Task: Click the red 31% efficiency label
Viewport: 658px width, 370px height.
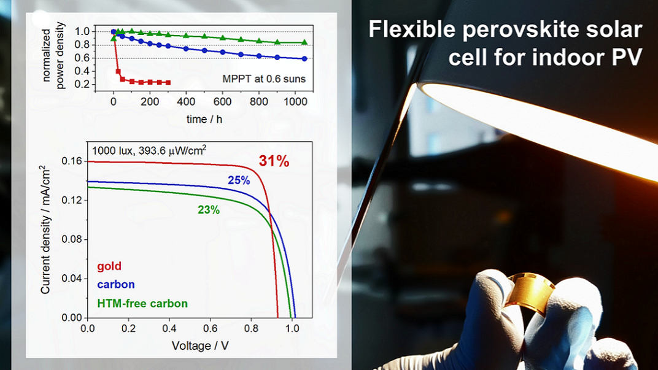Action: (x=274, y=161)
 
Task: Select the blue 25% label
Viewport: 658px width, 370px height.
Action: (x=239, y=180)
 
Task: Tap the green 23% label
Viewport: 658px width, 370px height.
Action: (x=209, y=210)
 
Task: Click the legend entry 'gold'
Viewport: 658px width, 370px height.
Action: (x=109, y=266)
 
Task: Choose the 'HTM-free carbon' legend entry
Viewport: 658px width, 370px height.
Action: (x=142, y=303)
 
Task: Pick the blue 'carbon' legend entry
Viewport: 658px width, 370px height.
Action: (x=116, y=285)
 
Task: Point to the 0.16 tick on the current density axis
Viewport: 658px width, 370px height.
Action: (x=72, y=161)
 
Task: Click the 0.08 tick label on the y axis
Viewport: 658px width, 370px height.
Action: (x=72, y=239)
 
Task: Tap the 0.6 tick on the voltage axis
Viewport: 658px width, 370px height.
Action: (x=211, y=328)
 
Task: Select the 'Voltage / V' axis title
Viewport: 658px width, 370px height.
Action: (x=200, y=345)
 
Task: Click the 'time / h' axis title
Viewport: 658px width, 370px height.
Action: (x=204, y=119)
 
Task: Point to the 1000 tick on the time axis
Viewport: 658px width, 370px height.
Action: (x=295, y=101)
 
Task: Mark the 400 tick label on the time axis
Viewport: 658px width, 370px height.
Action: (x=186, y=101)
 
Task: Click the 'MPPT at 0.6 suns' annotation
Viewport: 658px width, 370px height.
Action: (x=264, y=79)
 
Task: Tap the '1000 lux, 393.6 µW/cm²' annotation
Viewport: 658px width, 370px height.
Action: (x=149, y=150)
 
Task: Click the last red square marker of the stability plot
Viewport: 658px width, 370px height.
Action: (x=168, y=83)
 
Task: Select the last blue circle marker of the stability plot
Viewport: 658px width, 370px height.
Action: (x=304, y=59)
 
